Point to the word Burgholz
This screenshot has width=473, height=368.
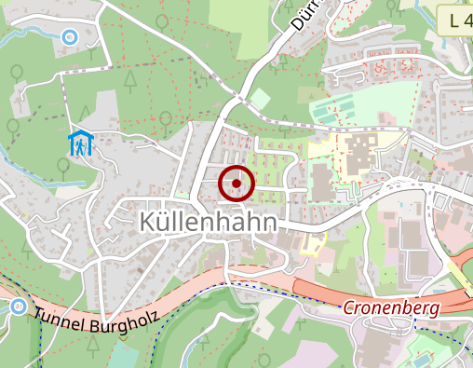pyautogui.click(x=124, y=325)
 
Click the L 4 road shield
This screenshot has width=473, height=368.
pyautogui.click(x=455, y=19)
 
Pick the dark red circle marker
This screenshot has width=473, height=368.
pyautogui.click(x=236, y=184)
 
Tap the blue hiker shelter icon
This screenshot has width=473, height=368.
pyautogui.click(x=82, y=144)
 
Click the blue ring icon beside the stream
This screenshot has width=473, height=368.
pyautogui.click(x=69, y=37)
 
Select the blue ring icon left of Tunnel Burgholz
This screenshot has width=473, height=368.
pyautogui.click(x=18, y=307)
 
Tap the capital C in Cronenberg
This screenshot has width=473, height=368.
pyautogui.click(x=349, y=307)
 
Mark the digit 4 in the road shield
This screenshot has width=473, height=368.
pyautogui.click(x=466, y=19)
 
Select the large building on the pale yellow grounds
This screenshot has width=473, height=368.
pyautogui.click(x=358, y=154)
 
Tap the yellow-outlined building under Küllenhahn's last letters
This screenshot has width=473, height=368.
pyautogui.click(x=312, y=244)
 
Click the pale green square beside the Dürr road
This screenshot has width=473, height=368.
pyautogui.click(x=262, y=98)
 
